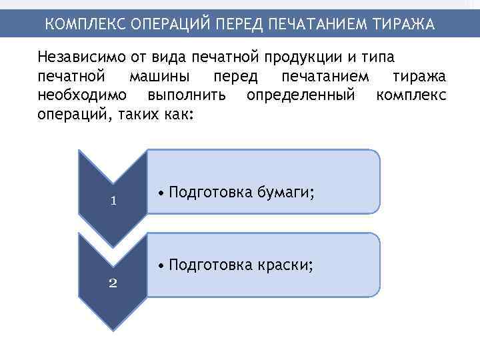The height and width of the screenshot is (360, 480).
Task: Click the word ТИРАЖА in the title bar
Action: point(405,25)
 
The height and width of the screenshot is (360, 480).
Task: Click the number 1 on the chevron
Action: point(113,201)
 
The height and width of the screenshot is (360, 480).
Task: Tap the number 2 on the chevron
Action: point(113,283)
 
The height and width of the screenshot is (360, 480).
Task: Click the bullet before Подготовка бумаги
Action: point(163,193)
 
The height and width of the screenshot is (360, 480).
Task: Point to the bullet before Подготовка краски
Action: point(163,265)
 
